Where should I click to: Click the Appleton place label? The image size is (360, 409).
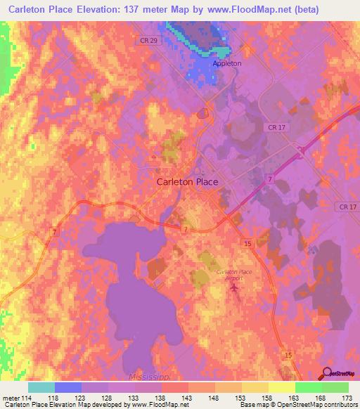[226, 63]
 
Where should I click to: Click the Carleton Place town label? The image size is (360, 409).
[186, 181]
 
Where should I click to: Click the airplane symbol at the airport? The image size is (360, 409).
[235, 287]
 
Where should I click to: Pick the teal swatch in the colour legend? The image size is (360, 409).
[41, 387]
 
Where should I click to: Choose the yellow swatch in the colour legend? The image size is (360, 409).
[282, 387]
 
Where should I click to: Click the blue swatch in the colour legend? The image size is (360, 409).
[68, 387]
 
